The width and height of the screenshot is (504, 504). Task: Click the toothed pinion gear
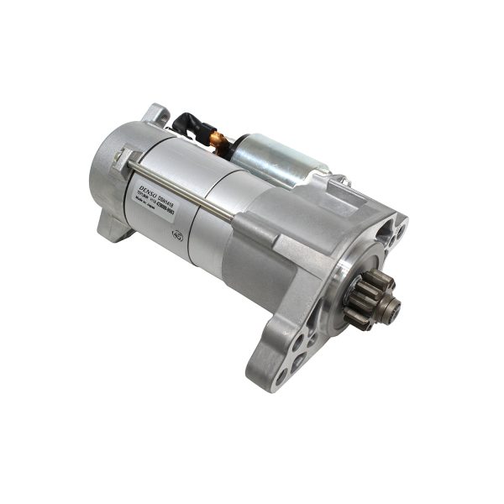[363, 301]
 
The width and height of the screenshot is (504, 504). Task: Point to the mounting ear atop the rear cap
[155, 113]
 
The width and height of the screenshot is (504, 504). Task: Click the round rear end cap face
[105, 172]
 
